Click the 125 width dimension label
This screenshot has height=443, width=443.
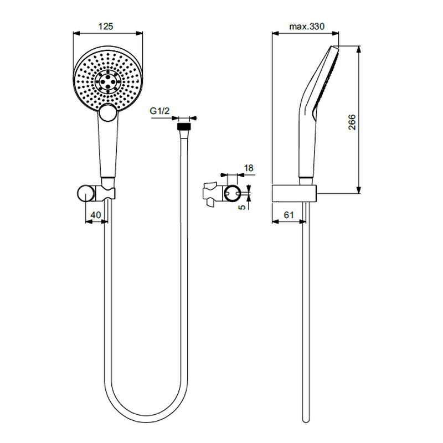[x=106, y=26]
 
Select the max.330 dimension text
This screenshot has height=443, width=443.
[x=307, y=27]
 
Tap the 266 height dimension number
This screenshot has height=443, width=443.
[x=352, y=122]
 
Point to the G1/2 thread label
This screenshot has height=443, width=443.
[x=159, y=111]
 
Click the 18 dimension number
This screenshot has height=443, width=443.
[x=249, y=168]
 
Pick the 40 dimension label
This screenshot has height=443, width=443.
[x=95, y=215]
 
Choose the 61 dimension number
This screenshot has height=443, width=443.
[x=289, y=215]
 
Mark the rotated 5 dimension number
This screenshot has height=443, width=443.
[x=243, y=207]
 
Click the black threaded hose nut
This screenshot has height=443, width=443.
[x=184, y=126]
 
